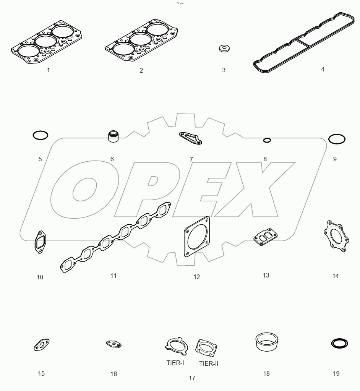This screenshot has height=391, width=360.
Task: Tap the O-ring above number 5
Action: [41, 135]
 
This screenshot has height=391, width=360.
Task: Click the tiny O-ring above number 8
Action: [267, 140]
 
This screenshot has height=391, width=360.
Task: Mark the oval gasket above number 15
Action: [41, 345]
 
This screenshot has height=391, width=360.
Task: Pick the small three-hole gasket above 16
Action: [114, 344]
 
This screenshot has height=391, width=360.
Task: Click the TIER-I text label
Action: [175, 363]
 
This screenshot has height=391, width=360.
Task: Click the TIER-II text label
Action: [209, 363]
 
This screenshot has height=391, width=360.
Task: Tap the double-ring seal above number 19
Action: [339, 343]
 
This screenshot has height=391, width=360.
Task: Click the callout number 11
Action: [113, 275]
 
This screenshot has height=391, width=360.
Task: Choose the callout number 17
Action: [192, 378]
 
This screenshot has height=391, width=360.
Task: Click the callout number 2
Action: [141, 70]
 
